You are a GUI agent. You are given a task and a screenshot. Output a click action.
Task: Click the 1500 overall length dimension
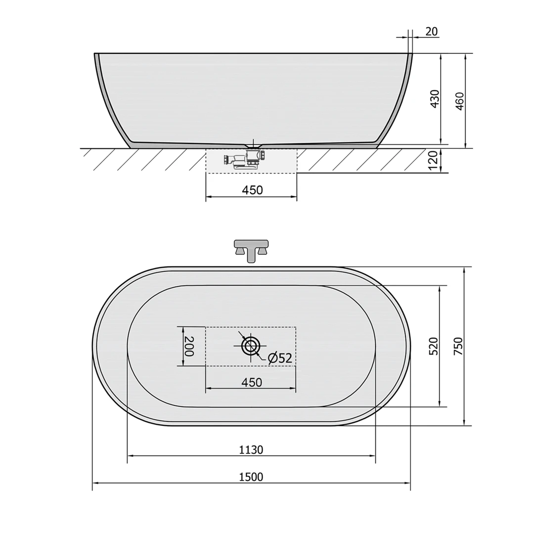251,477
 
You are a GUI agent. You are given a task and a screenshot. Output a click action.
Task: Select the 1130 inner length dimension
251,450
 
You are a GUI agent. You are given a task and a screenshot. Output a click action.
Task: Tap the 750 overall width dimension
458,346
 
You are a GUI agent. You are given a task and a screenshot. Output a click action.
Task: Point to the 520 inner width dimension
433,346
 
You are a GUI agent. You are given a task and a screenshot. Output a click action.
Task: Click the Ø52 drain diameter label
280,358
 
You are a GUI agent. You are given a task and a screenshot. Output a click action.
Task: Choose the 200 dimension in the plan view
189,346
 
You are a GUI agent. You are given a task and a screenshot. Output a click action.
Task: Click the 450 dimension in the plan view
252,382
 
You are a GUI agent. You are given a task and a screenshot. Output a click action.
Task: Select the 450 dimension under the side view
252,190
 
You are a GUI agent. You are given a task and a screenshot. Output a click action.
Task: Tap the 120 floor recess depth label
432,161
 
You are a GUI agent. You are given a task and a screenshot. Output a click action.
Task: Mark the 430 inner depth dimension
435,99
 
